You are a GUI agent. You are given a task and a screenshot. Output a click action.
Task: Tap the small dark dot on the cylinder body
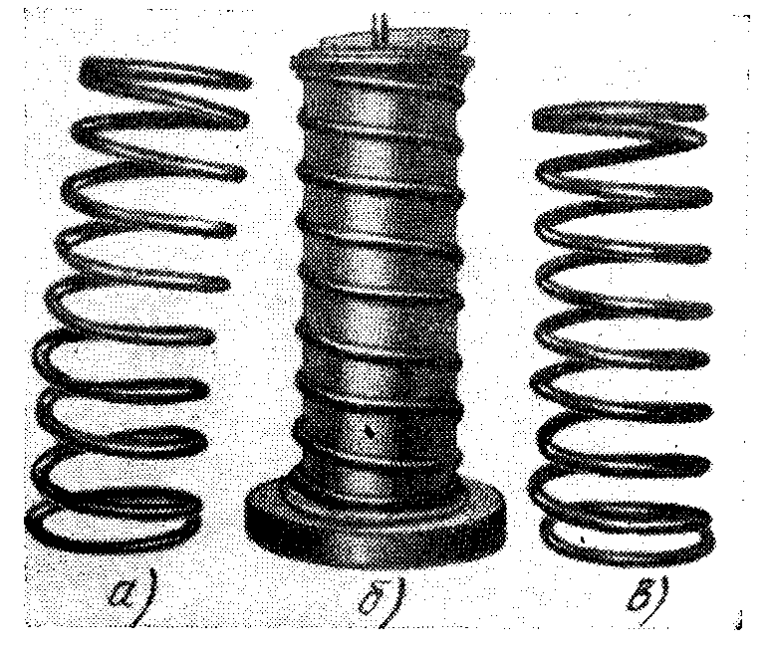pyautogui.click(x=370, y=431)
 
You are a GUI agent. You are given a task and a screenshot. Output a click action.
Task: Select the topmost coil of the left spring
pyautogui.click(x=164, y=74)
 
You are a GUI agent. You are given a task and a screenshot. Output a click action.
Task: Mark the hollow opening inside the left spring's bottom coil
pyautogui.click(x=112, y=531)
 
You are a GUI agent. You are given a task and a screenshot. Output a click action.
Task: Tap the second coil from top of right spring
pyautogui.click(x=622, y=147)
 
